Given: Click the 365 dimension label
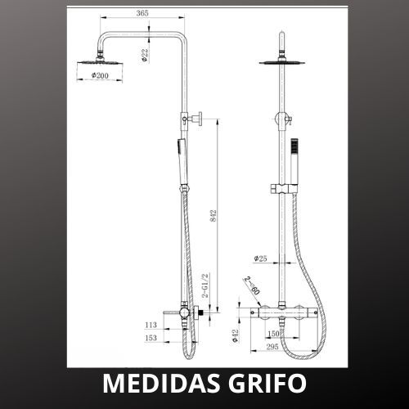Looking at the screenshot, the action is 142,13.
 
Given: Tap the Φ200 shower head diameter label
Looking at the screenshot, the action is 100,75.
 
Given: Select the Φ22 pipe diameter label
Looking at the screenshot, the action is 145,56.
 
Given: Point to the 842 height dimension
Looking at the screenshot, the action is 213,215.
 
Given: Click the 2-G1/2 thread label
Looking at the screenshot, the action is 206,285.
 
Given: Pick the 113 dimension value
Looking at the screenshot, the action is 151,325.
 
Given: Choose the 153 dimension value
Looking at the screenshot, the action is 151,338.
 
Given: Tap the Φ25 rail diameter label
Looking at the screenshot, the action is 260,258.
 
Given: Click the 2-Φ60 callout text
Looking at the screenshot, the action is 252,285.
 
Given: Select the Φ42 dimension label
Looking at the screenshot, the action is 235,335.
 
